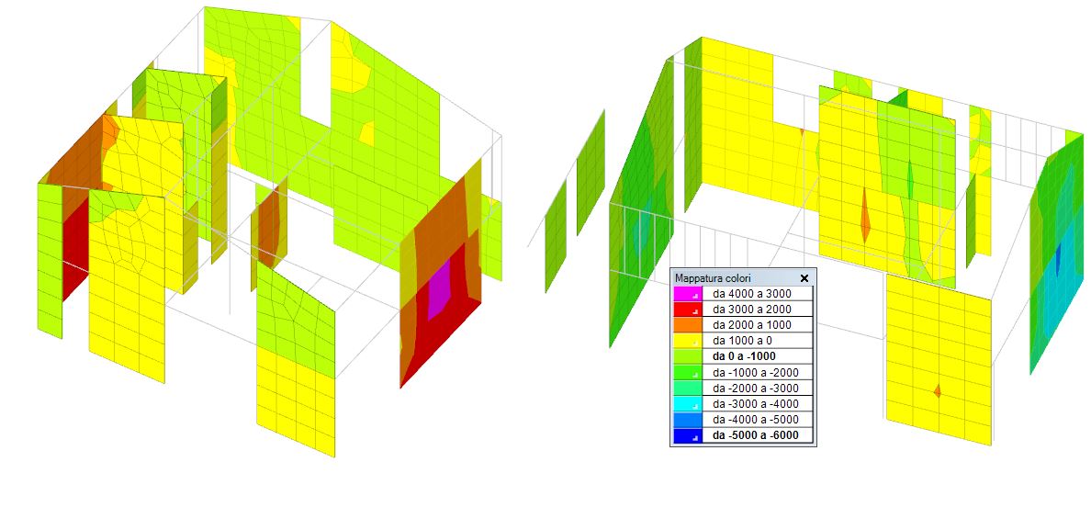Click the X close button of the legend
point(804,278)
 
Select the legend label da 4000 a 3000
point(751,294)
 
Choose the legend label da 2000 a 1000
point(751,325)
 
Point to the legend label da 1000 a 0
point(742,341)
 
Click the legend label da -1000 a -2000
point(755,372)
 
